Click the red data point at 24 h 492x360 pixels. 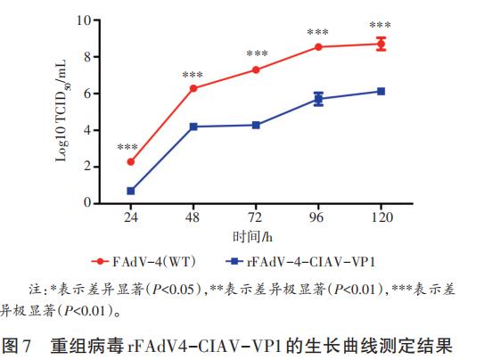pos(131,162)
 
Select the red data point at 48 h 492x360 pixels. pos(193,88)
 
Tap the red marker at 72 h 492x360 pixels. pos(256,70)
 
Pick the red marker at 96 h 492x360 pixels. pos(318,46)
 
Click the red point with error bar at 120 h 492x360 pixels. pos(381,44)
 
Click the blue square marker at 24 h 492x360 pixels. pos(131,191)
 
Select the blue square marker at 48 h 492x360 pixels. pos(193,127)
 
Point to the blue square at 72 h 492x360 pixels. pos(256,125)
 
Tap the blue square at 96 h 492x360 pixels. pos(318,99)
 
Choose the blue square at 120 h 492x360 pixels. pos(381,91)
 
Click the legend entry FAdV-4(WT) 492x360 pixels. pos(152,262)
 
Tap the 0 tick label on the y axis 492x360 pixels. pos(87,203)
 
